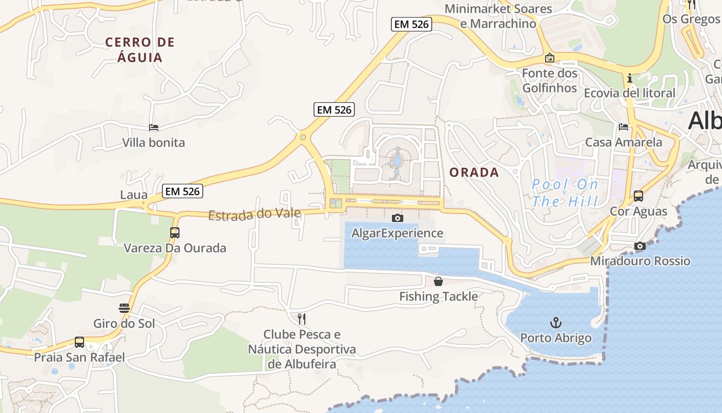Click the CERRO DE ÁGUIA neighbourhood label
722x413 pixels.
point(140,50)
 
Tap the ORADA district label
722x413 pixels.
point(474,172)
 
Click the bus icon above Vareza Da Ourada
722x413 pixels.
point(175,233)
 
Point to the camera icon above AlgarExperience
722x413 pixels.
point(397,218)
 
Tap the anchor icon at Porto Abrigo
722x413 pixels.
point(556,323)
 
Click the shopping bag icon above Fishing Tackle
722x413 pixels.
point(438,281)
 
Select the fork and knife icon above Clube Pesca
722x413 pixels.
point(302,319)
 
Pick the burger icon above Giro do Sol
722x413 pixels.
point(124,308)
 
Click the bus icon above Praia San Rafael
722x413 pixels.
point(79,342)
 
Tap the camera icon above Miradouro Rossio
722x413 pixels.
point(640,246)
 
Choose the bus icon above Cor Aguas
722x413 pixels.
point(638,196)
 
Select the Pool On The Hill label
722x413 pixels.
point(565,193)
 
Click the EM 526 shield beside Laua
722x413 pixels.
point(182,191)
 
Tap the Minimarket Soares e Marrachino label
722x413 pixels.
point(498,16)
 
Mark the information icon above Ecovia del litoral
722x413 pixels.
point(629,78)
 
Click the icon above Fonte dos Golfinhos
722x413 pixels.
point(550,58)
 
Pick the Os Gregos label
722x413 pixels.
point(691,19)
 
